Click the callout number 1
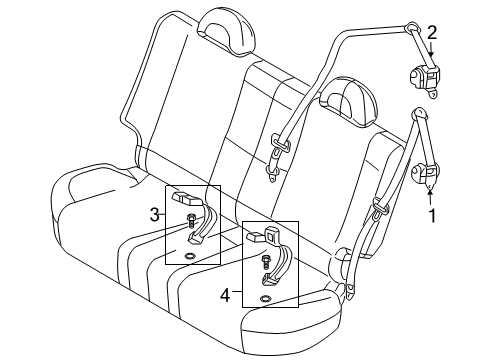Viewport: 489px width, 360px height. point(432,213)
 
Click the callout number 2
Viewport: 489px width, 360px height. point(431,32)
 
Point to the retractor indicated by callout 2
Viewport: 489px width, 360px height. point(422,77)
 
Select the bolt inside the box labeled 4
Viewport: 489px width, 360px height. point(267,264)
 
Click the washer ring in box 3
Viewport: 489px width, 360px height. point(190,257)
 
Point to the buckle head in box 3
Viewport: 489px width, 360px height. point(187,199)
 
